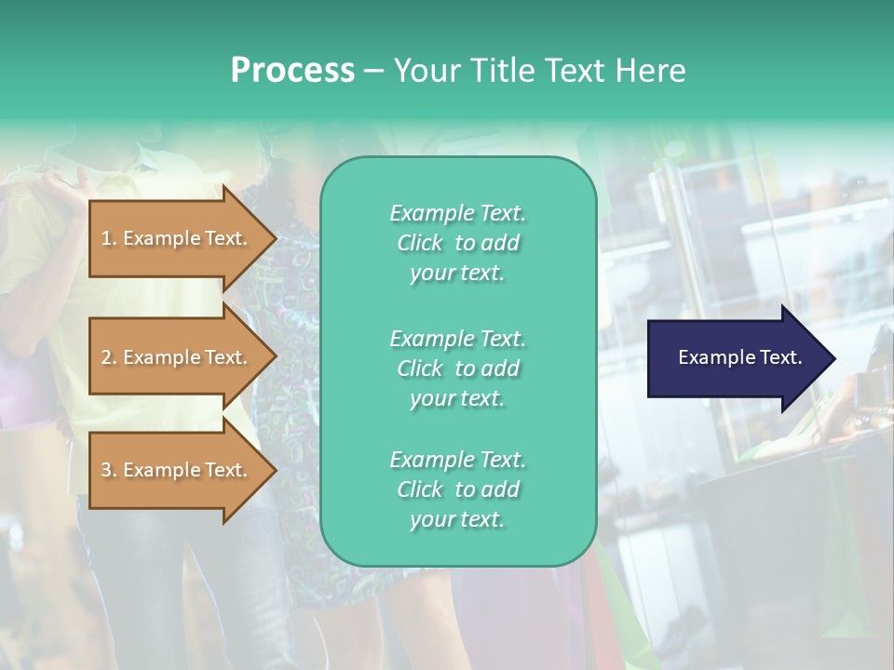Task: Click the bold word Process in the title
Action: point(292,71)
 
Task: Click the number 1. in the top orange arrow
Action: point(109,238)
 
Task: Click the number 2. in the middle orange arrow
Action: point(109,357)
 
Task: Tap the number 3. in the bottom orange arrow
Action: point(109,470)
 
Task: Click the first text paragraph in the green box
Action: point(457,243)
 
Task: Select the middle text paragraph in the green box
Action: point(457,368)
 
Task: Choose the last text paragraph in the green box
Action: point(457,489)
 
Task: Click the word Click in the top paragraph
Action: point(420,243)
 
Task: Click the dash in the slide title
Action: point(373,71)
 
